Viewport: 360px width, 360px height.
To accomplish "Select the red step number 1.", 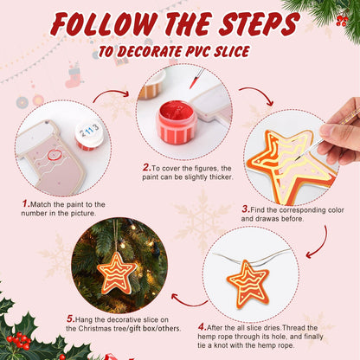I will point(25,203).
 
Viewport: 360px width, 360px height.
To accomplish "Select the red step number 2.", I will point(145,167).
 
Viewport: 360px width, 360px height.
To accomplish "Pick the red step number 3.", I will point(246,208).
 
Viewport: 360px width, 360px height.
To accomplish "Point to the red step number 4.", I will point(201,326).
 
